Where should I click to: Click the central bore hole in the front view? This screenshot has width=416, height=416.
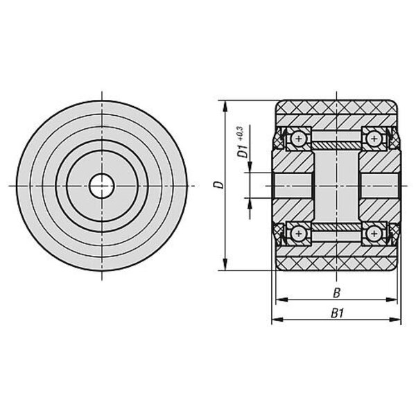tap(102, 186)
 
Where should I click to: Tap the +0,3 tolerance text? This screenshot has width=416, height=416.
tap(241, 133)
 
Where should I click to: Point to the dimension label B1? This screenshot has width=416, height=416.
tap(337, 313)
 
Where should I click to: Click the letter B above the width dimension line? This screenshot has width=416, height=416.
tap(336, 293)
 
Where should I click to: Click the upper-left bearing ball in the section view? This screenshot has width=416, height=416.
tap(299, 139)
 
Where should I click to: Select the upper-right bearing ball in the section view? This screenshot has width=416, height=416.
tap(374, 139)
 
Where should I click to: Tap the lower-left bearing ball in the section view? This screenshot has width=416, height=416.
tap(299, 234)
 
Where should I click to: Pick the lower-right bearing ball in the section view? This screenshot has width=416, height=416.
tap(374, 234)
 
